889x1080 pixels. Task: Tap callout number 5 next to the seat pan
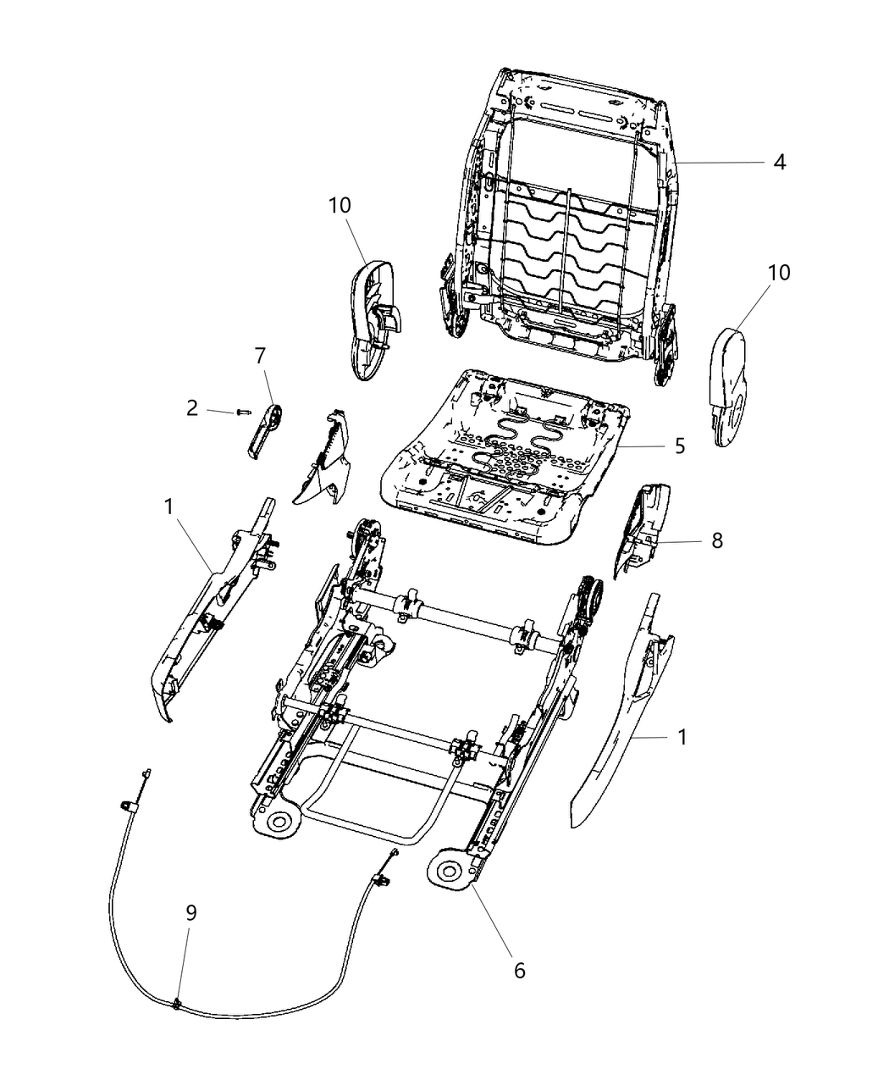click(680, 446)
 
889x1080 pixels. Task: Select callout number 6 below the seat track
click(520, 970)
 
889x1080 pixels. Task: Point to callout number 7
click(261, 357)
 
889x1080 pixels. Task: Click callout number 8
click(717, 540)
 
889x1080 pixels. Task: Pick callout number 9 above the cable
click(191, 912)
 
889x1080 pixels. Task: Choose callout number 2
click(192, 408)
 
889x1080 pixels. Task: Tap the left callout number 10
click(340, 206)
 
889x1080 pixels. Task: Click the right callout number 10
click(779, 273)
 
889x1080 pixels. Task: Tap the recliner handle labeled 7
click(265, 429)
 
